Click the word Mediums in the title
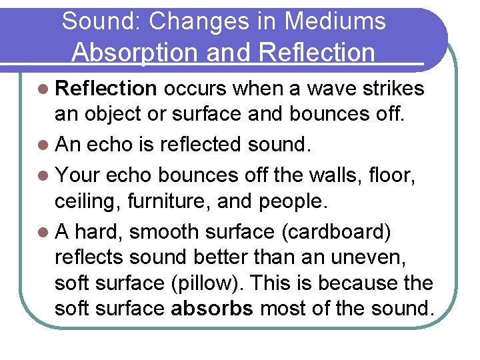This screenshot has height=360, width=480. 335,21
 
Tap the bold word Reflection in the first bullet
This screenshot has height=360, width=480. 107,89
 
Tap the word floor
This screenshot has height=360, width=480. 405,175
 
